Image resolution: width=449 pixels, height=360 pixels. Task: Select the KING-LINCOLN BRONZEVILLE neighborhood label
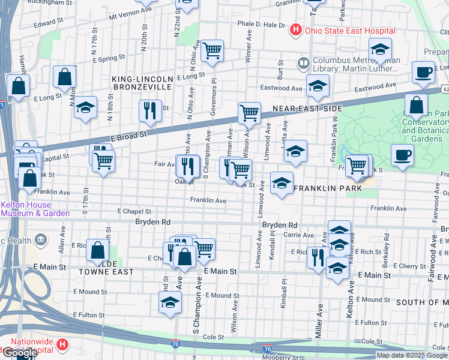click(143, 83)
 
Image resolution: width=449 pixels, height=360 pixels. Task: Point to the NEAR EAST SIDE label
click(307, 109)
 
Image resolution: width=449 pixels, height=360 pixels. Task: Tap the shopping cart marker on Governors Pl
click(212, 52)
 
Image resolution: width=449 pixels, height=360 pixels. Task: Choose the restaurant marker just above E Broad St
click(149, 110)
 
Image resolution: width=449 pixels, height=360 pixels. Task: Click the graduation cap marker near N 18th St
click(86, 107)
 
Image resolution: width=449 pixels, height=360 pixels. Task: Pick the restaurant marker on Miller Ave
click(318, 257)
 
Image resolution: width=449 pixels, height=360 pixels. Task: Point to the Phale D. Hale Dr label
click(261, 25)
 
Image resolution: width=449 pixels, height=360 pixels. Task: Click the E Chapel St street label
click(134, 211)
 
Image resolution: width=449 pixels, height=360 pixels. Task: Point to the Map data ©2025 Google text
click(412, 355)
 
